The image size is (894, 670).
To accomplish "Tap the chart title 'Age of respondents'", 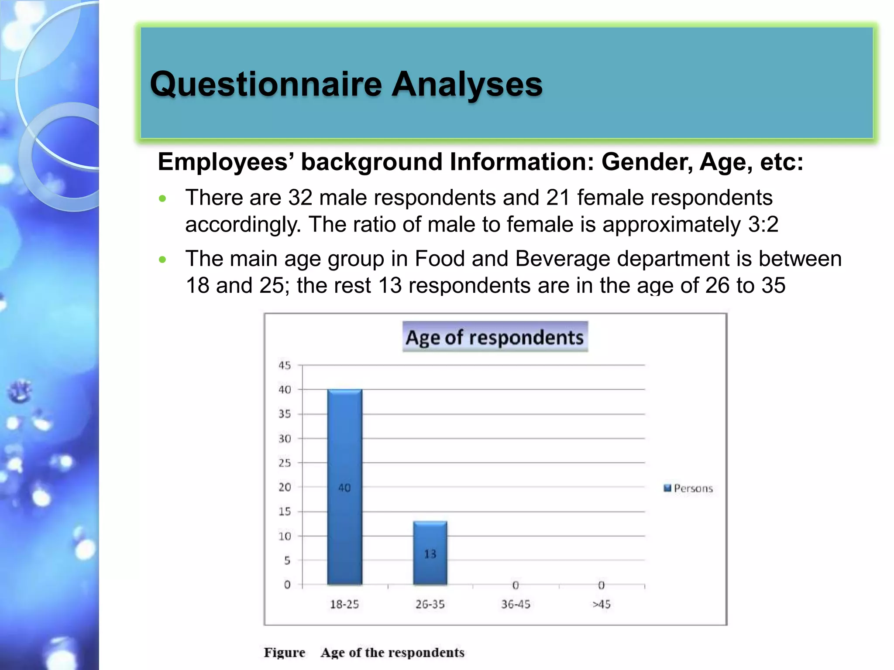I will click(495, 337).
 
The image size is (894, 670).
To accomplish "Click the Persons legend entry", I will click(688, 488).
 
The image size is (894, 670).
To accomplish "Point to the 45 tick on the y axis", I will click(285, 365).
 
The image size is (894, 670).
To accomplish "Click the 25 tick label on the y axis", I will click(285, 463).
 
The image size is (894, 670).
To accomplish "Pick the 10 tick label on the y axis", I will click(285, 536).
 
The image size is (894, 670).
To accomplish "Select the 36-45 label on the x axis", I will click(516, 604).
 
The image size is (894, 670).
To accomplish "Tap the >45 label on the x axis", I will click(601, 604).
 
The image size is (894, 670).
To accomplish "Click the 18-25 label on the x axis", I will click(344, 604).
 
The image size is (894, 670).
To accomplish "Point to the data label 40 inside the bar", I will click(344, 488).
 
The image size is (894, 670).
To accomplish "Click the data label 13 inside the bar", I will click(430, 554).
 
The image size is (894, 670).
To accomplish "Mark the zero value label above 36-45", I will click(516, 585).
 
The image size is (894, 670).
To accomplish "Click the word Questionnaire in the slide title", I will click(266, 84).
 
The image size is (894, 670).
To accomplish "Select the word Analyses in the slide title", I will click(467, 84).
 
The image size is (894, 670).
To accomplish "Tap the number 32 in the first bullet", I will click(300, 198).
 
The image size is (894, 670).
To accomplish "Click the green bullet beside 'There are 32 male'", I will click(163, 199).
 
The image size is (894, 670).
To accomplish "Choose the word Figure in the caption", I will click(284, 653).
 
